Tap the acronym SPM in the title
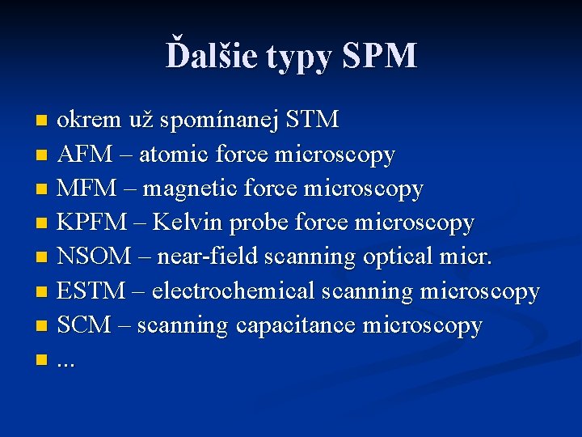379,56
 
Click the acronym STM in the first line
313,120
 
